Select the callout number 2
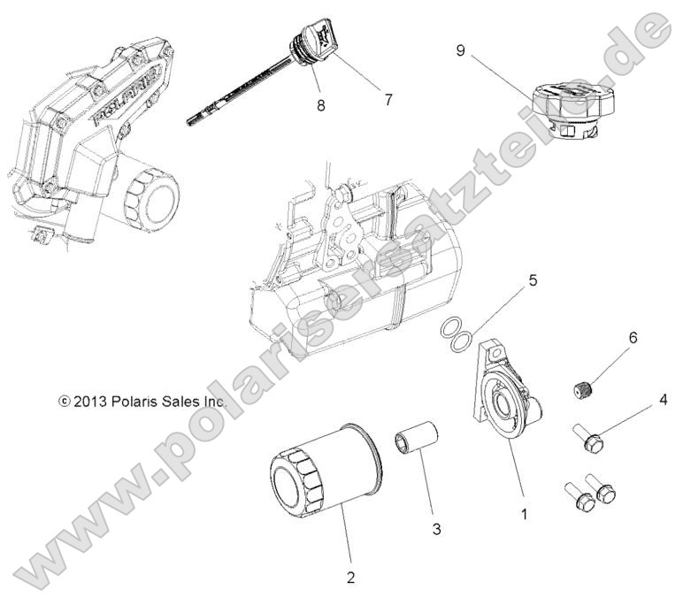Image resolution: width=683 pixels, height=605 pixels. [351, 578]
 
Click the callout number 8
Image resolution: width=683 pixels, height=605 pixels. [319, 105]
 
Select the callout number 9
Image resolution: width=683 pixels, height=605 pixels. [460, 50]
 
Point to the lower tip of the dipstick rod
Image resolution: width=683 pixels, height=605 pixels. [191, 122]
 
